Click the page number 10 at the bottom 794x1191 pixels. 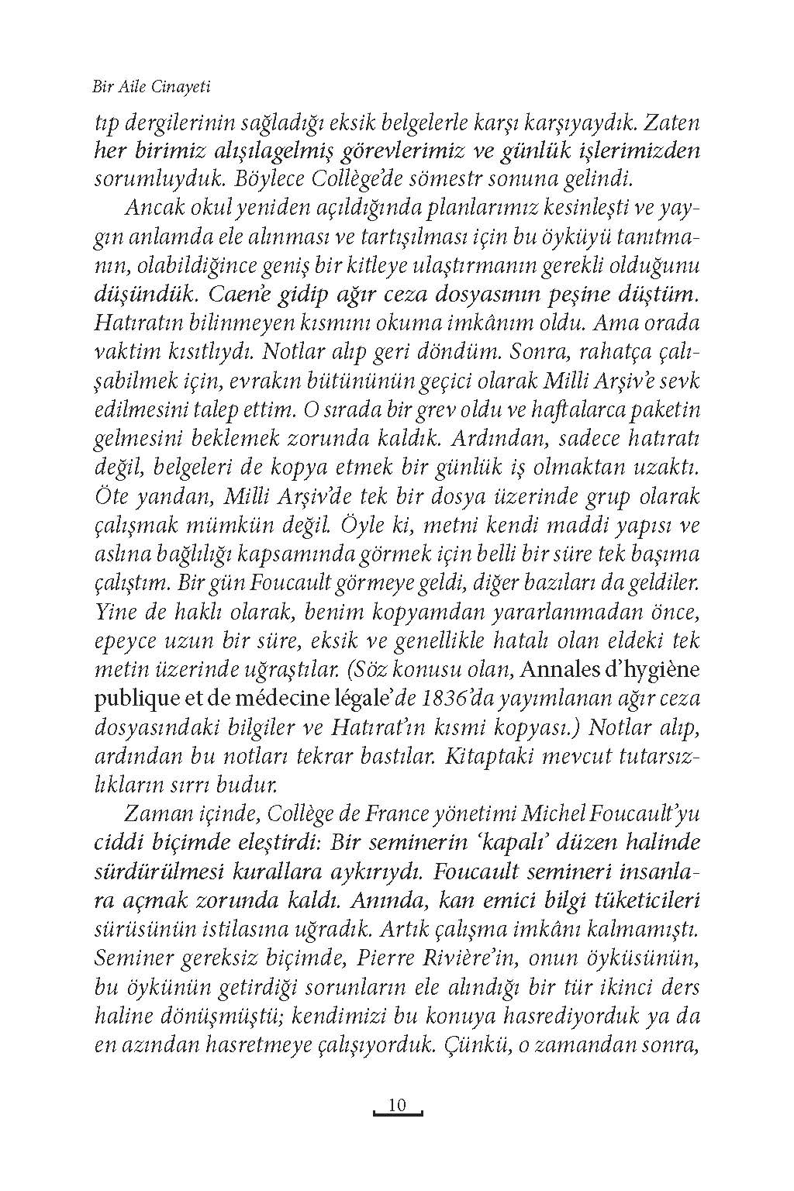(x=397, y=1104)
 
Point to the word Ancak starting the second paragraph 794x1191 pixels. (x=153, y=209)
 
